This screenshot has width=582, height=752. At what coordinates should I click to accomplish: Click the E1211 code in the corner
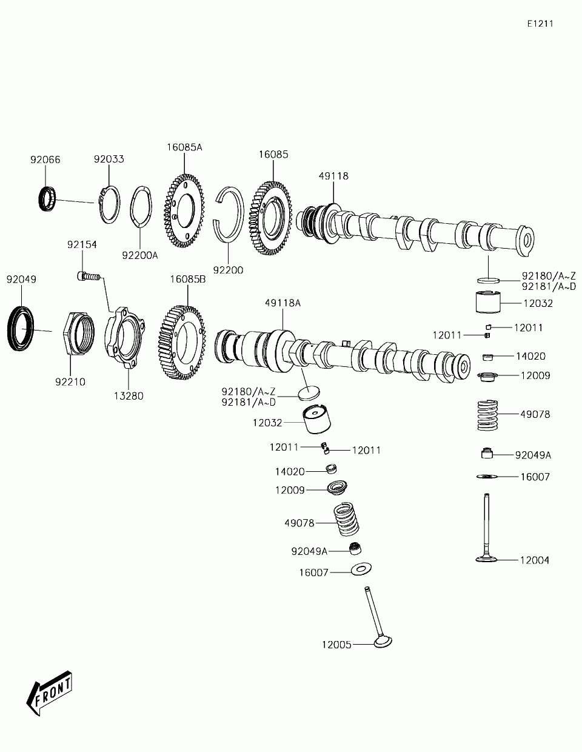pyautogui.click(x=540, y=24)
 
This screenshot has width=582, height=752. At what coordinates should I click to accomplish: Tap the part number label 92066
pyautogui.click(x=45, y=160)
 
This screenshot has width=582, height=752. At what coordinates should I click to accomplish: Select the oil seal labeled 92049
pyautogui.click(x=22, y=329)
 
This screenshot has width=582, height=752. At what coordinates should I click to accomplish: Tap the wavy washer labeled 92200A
pyautogui.click(x=139, y=210)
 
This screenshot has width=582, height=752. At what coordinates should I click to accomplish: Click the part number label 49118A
pyautogui.click(x=283, y=303)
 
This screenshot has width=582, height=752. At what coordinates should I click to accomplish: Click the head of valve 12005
pyautogui.click(x=382, y=641)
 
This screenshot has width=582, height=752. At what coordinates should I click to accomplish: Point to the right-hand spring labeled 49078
pyautogui.click(x=491, y=415)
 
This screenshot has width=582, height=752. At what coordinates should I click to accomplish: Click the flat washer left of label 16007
pyautogui.click(x=361, y=569)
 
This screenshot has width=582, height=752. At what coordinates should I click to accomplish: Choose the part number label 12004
pyautogui.click(x=534, y=560)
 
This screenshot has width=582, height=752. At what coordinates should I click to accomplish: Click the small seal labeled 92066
pyautogui.click(x=46, y=199)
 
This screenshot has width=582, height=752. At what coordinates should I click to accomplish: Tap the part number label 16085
pyautogui.click(x=273, y=155)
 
